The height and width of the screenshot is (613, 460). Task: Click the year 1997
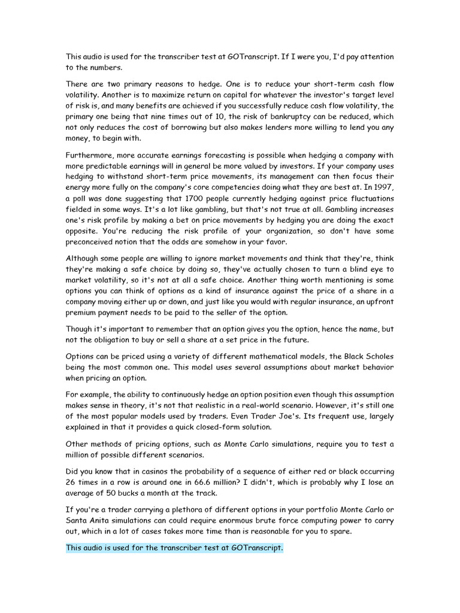point(384,188)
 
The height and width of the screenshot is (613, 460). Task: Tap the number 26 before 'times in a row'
point(72,482)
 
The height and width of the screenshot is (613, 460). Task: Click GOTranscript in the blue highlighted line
point(253,548)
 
